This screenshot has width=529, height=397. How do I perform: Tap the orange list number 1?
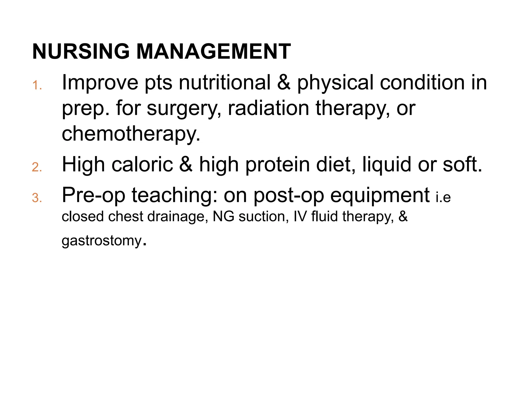pos(37,85)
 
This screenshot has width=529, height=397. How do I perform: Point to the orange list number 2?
pos(37,167)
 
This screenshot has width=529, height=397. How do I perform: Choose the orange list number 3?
pos(37,198)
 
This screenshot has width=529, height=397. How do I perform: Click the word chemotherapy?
pos(131,134)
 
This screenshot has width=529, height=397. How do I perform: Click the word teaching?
pos(174,195)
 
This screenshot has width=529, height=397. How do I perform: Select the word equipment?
pos(380,196)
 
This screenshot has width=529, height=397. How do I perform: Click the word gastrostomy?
pos(102,241)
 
